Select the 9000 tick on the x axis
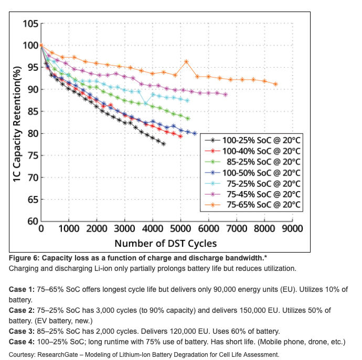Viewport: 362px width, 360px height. [292, 229]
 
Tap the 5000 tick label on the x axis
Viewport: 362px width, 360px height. [180, 229]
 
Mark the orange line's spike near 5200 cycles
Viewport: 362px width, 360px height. [186, 62]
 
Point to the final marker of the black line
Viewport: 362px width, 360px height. [164, 144]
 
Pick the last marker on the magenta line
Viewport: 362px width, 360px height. [226, 95]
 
